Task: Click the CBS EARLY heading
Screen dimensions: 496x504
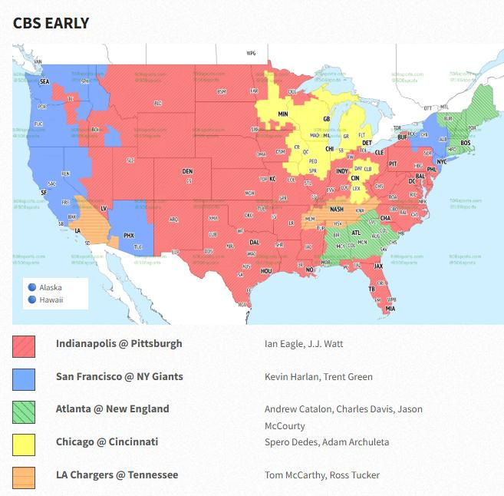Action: click(x=51, y=23)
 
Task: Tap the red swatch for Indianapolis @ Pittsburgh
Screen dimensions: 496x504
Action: click(x=24, y=346)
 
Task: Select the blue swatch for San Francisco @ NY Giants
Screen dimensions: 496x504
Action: click(x=24, y=379)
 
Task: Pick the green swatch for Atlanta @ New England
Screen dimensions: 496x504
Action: click(x=24, y=412)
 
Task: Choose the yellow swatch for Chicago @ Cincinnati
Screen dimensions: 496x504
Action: click(x=24, y=445)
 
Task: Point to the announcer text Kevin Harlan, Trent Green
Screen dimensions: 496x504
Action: click(x=318, y=377)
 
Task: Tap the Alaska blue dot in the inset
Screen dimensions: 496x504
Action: click(x=32, y=288)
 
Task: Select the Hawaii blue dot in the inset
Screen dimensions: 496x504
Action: click(x=32, y=299)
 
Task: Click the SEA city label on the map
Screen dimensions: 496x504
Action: click(x=44, y=81)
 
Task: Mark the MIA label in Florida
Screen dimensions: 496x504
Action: click(x=390, y=309)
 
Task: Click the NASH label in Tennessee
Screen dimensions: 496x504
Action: click(x=336, y=209)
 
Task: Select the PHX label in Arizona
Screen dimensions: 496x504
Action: click(x=129, y=235)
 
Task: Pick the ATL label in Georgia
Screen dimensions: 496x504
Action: click(x=356, y=232)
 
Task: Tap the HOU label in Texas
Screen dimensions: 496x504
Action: click(x=266, y=271)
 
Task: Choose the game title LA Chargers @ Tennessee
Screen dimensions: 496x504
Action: click(x=117, y=475)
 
